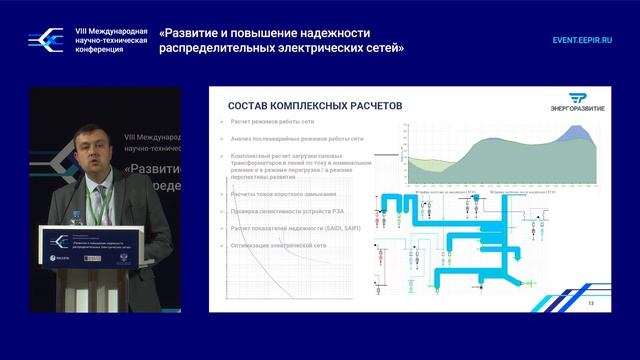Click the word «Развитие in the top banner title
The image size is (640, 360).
(x=198, y=32)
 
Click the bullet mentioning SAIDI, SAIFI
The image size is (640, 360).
(x=295, y=229)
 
